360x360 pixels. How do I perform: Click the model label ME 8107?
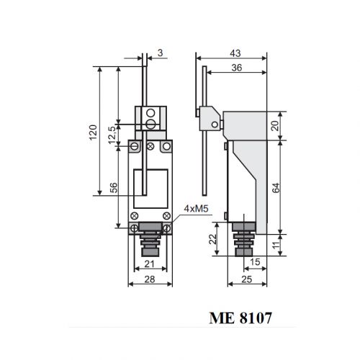(240, 318)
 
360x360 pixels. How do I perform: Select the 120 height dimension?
(93, 132)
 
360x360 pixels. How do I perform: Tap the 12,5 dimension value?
(112, 135)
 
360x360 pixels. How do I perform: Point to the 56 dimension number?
(114, 188)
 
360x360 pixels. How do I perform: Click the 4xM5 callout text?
(196, 209)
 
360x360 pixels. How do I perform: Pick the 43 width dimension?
(235, 53)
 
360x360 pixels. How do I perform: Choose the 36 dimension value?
(237, 68)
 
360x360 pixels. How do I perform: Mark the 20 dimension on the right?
(275, 125)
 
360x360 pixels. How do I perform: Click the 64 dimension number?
(276, 188)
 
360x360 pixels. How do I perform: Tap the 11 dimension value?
(276, 245)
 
